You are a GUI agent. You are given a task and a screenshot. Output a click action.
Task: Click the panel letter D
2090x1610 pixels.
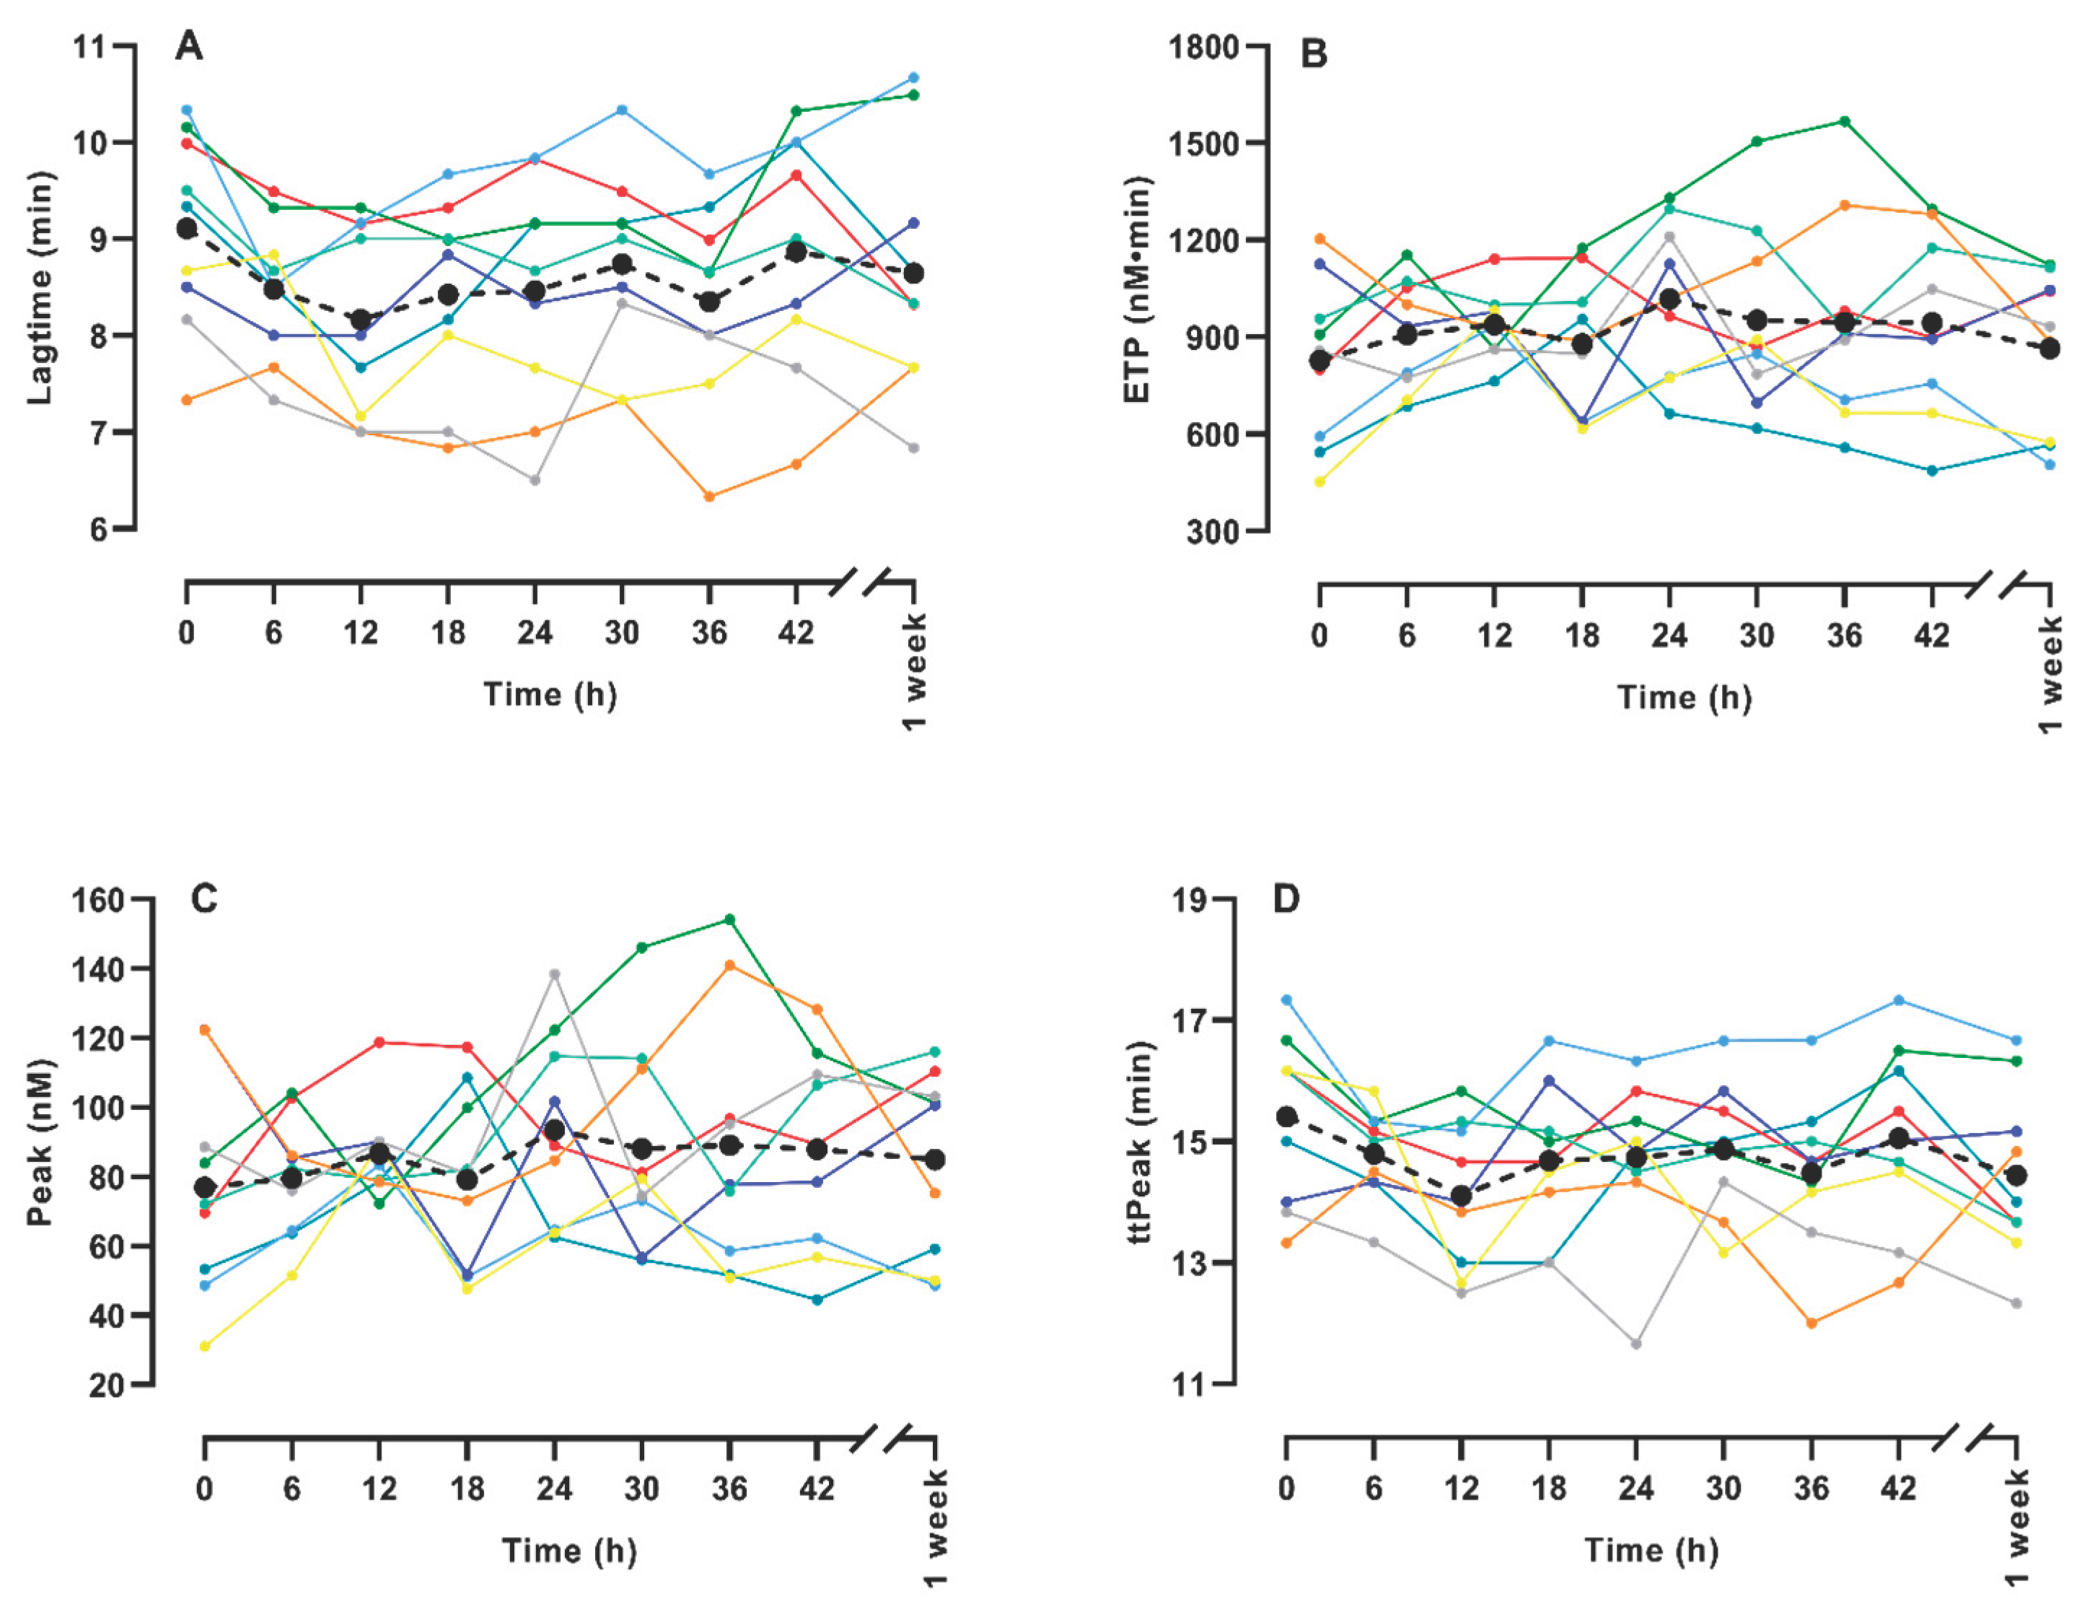(1287, 900)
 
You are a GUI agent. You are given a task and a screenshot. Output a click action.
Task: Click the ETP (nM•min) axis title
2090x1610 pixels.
(1136, 290)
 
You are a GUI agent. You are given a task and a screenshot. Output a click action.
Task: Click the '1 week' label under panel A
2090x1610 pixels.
(915, 673)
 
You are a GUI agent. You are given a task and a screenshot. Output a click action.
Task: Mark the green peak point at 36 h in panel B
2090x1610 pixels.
(1844, 121)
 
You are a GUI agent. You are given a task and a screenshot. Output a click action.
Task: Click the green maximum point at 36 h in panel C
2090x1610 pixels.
(729, 920)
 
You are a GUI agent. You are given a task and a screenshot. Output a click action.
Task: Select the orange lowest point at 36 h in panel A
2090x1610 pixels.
(709, 496)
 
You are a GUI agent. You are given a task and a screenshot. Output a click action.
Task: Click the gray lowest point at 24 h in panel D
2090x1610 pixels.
(1636, 1344)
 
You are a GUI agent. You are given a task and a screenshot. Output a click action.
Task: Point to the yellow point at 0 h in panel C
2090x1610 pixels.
(205, 1347)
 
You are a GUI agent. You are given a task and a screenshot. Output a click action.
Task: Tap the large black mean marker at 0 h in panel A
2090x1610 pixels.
(187, 229)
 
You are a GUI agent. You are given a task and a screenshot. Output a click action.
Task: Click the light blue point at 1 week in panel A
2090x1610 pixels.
(914, 77)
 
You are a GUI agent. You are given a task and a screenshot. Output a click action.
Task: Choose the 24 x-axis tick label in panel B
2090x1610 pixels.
(1669, 636)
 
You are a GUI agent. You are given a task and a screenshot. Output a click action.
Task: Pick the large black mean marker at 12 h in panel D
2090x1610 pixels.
(1462, 1196)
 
